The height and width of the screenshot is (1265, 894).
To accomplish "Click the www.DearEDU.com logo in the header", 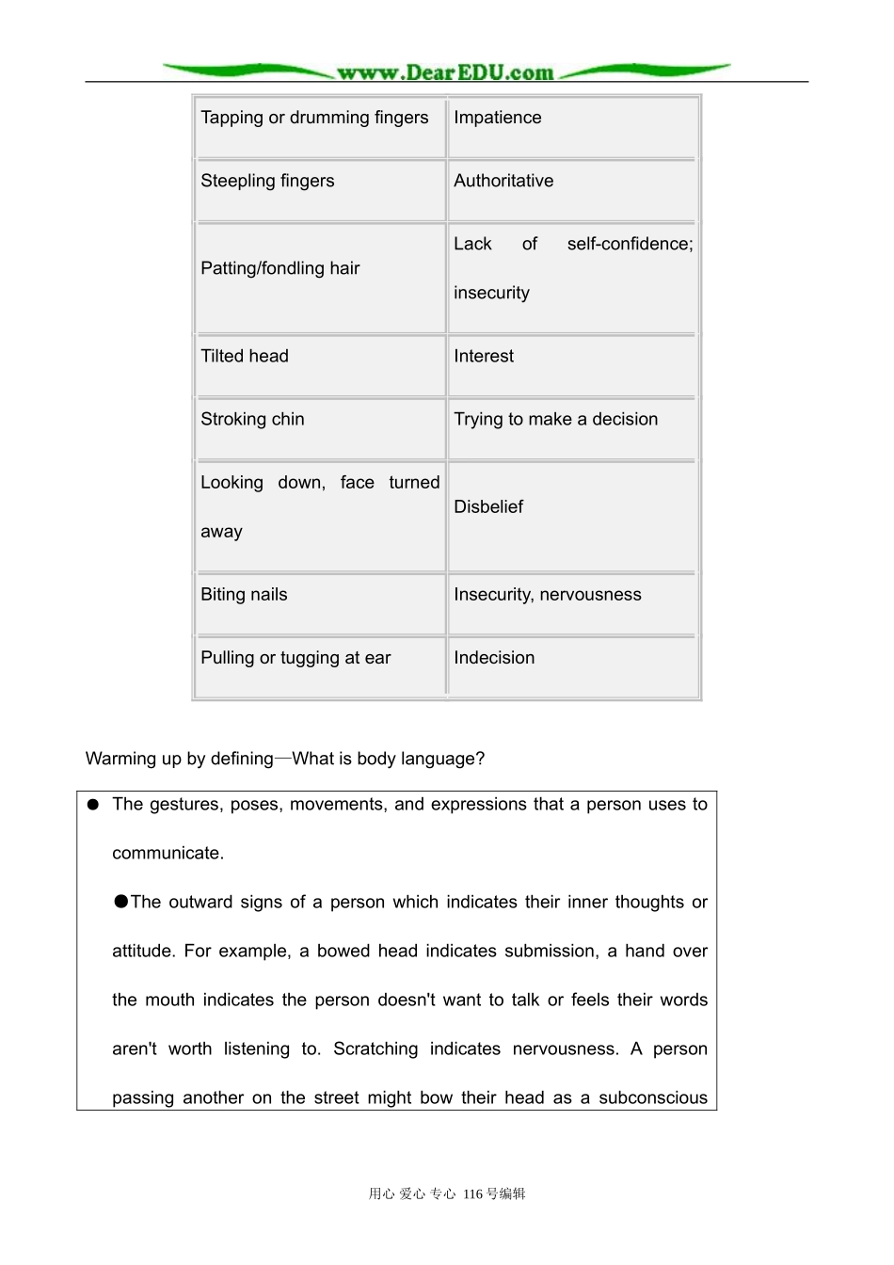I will click(x=445, y=72).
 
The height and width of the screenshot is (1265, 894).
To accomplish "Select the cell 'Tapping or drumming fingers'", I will click(x=314, y=118).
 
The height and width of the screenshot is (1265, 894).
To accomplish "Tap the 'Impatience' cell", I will click(x=498, y=118).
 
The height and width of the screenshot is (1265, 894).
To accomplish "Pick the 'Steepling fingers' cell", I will click(x=267, y=181).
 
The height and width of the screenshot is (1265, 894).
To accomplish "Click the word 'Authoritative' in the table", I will click(x=503, y=181).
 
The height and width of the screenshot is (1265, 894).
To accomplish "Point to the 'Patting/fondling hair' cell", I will click(x=280, y=268).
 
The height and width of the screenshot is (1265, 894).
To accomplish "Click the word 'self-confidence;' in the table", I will click(x=630, y=244).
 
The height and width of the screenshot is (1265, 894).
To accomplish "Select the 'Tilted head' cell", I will click(x=245, y=356).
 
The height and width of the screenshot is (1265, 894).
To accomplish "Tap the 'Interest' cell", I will click(x=484, y=356).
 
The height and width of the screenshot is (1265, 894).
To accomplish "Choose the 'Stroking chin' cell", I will click(x=252, y=419).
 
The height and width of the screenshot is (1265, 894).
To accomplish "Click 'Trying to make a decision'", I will click(x=555, y=419).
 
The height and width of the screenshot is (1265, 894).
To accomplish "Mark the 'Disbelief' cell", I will click(x=488, y=506).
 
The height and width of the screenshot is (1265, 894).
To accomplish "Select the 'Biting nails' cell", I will click(x=244, y=594).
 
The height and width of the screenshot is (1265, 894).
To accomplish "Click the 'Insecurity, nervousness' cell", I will click(x=548, y=594).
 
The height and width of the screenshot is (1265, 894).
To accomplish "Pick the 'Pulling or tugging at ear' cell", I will click(x=295, y=658).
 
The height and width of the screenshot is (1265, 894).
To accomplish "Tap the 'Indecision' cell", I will click(x=494, y=658).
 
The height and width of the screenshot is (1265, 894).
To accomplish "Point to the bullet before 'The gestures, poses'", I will click(x=93, y=805).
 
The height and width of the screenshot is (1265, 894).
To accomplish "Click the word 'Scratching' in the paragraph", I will click(x=375, y=1049).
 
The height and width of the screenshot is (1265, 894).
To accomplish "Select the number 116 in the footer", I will click(x=472, y=1193).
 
